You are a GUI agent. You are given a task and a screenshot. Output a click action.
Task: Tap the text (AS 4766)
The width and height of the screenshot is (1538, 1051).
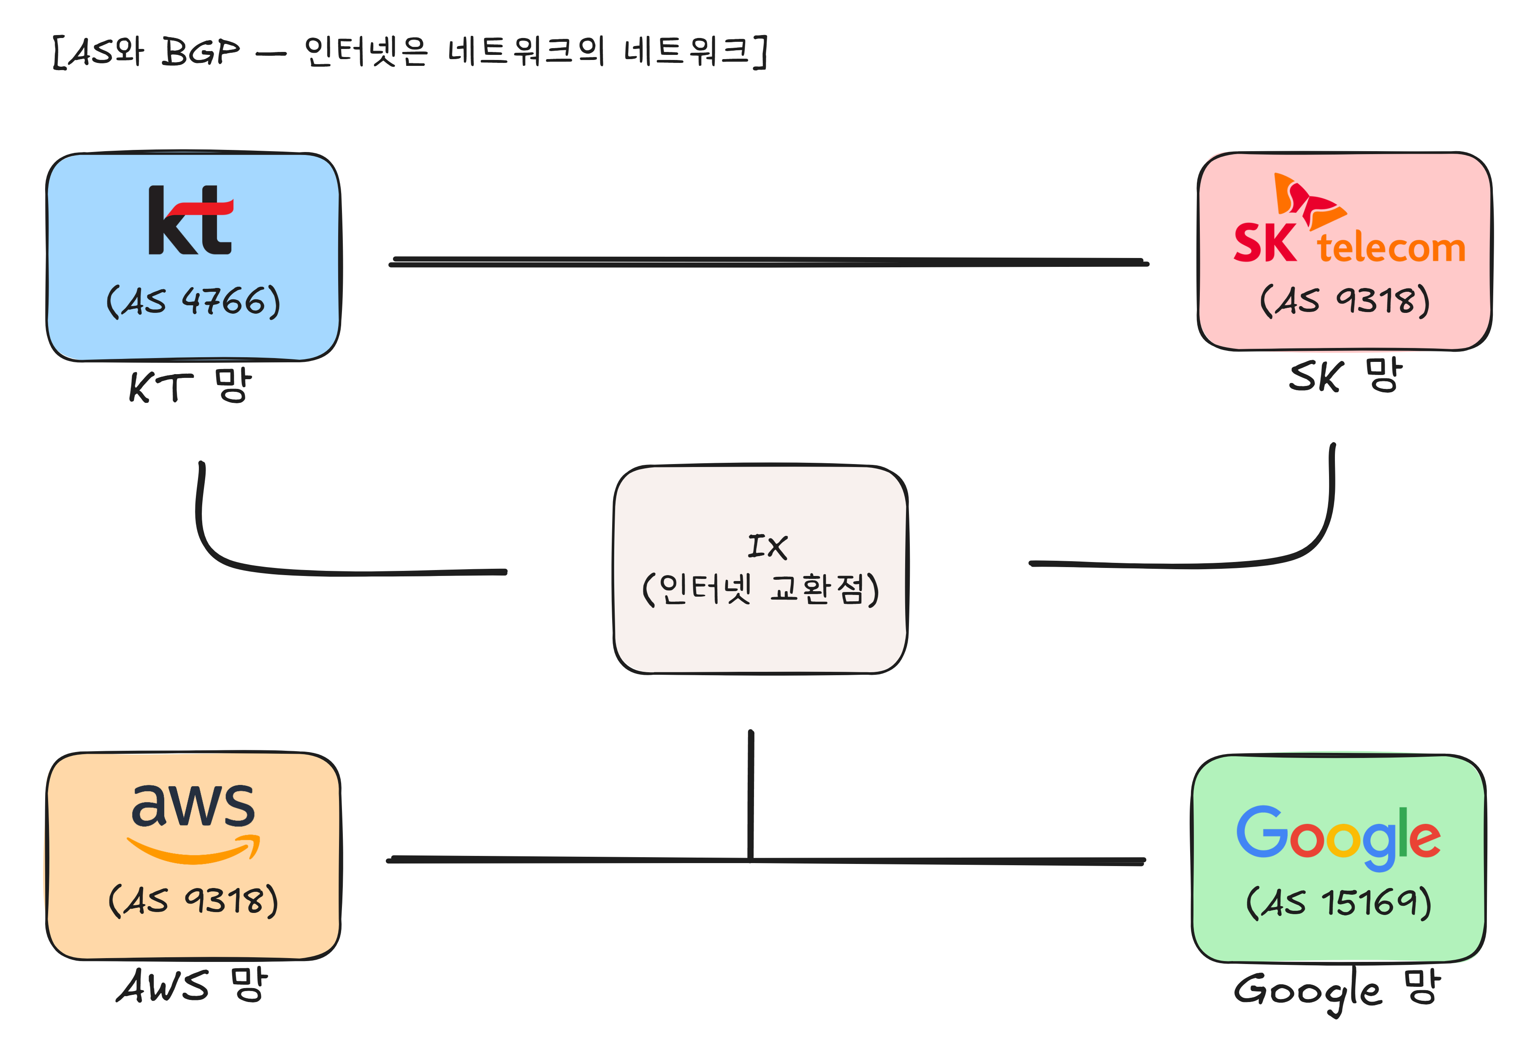[x=193, y=302]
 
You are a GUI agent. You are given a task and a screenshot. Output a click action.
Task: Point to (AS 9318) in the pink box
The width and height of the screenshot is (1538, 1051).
[x=1344, y=301]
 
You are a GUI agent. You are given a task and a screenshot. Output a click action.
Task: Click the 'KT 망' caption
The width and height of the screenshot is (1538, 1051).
[x=190, y=386]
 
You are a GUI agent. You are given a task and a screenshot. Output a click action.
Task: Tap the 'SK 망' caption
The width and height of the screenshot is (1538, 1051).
[x=1345, y=376]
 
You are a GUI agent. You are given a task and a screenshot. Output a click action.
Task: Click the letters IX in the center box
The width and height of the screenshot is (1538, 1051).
[x=767, y=547]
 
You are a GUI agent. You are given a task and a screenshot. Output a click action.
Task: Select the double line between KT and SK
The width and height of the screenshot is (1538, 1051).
[x=768, y=261]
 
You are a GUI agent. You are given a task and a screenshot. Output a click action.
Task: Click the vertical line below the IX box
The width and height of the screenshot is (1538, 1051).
[x=751, y=794]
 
